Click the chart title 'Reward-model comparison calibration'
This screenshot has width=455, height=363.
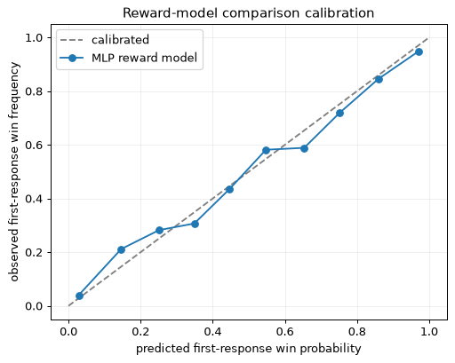(248, 13)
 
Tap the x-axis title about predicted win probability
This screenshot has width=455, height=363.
(248, 348)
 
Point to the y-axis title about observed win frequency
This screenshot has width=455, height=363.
(14, 171)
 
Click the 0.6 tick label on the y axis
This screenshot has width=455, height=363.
(34, 146)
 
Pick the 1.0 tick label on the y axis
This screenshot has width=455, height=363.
(34, 38)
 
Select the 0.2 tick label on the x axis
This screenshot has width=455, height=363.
(140, 331)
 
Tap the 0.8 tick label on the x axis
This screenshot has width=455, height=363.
(357, 331)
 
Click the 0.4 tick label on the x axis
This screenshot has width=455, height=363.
(212, 331)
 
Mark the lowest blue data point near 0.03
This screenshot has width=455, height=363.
(79, 296)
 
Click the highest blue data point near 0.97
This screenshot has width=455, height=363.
(419, 52)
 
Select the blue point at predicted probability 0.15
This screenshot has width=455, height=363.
(121, 250)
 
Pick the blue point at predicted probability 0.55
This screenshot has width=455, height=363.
(266, 150)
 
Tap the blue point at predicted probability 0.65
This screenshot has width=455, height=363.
(304, 148)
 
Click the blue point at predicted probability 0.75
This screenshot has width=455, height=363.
(339, 114)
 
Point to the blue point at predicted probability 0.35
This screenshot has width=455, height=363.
(195, 224)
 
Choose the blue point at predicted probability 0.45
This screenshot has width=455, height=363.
(229, 189)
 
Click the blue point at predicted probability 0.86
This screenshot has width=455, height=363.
(379, 79)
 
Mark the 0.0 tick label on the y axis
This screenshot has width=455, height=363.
(34, 306)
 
